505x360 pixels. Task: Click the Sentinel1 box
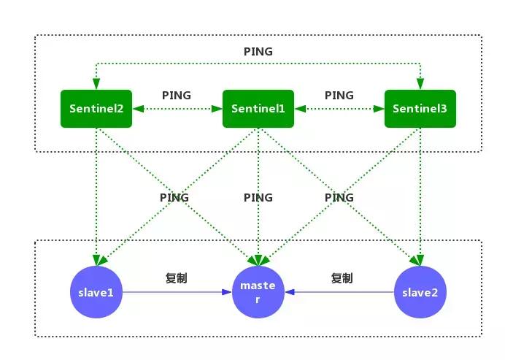point(258,109)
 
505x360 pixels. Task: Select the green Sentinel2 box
point(96,109)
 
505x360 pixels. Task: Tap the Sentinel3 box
point(420,109)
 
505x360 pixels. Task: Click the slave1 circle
point(96,292)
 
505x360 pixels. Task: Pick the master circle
point(258,292)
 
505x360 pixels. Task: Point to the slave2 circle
point(420,292)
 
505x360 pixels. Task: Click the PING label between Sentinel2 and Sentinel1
point(177,95)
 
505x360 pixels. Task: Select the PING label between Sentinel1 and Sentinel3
point(339,95)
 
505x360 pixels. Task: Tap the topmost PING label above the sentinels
point(258,52)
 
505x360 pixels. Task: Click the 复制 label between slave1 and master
point(177,278)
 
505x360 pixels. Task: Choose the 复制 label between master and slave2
point(342,278)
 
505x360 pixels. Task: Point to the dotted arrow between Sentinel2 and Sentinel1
point(177,109)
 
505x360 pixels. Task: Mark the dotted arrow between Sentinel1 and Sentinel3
point(339,109)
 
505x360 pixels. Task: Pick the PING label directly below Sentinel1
point(258,197)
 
